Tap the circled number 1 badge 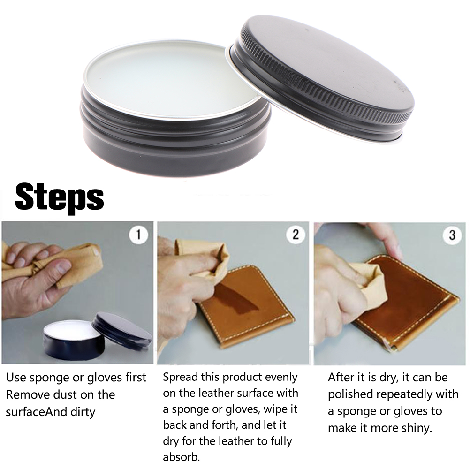[x=138, y=235]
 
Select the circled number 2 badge [x=296, y=235]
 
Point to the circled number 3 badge [x=452, y=235]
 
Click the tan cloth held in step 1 [x=57, y=264]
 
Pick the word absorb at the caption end [x=181, y=457]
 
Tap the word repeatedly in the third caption [x=405, y=395]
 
